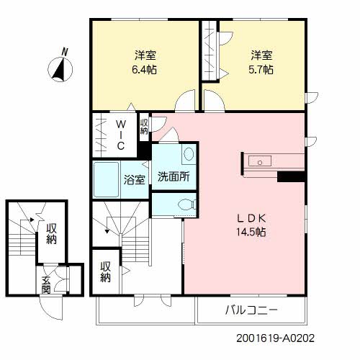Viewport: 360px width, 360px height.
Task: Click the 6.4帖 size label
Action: click(145, 70)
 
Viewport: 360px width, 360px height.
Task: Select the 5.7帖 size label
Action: click(261, 70)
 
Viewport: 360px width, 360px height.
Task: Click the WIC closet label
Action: click(121, 134)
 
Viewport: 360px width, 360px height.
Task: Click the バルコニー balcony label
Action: click(252, 311)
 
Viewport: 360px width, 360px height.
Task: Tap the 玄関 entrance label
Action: click(46, 285)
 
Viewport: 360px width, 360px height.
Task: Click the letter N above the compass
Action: click(65, 51)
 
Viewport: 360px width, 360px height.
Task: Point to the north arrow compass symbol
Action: click(60, 70)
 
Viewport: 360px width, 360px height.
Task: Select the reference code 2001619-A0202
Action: click(275, 336)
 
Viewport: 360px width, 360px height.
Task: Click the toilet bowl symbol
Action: click(187, 204)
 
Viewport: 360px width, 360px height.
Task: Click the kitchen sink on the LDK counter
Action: click(258, 162)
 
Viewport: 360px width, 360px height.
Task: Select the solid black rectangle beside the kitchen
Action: click(291, 176)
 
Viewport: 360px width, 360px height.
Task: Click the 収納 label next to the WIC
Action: click(144, 126)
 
